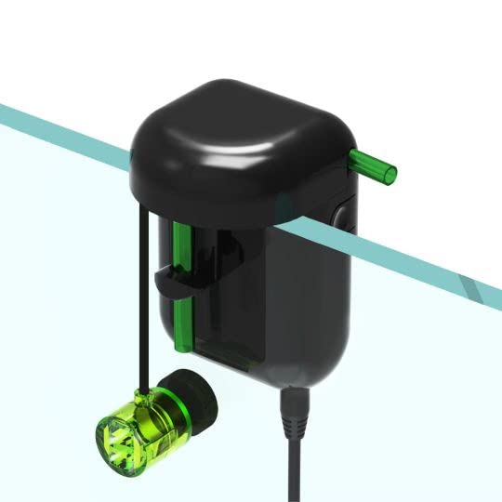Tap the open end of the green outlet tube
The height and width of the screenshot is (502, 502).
pyautogui.click(x=392, y=172)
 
